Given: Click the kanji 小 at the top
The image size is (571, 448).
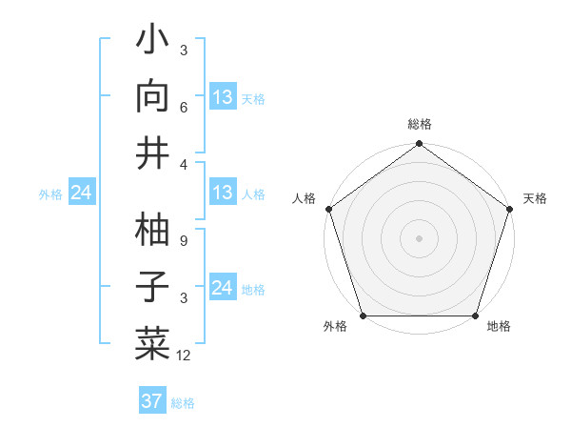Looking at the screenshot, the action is coord(153,43).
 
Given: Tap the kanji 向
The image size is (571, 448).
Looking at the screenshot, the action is coord(153,97).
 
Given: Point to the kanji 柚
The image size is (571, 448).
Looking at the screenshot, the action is coord(153,232).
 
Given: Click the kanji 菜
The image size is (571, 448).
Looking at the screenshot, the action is coord(153,340).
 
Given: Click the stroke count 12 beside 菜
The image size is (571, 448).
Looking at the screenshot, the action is coord(185,355).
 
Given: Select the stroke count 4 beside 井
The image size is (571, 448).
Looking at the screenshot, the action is coord(185,164).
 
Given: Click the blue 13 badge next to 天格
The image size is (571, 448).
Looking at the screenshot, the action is coord(223,97).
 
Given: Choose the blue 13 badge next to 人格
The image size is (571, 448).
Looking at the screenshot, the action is coord(223,193).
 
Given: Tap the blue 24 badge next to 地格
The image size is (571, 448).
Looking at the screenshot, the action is coord(223,288).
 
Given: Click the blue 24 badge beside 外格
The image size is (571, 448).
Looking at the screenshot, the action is coord(82,193).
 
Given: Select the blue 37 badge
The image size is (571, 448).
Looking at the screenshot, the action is coord(151,401).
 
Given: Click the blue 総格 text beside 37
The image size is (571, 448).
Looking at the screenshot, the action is coord(183,403).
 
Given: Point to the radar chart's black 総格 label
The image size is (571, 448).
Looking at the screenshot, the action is coord(419,124).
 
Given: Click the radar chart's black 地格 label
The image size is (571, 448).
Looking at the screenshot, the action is coord(499,327).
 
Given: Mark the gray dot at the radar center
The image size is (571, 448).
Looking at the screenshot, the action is coord(419,237).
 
